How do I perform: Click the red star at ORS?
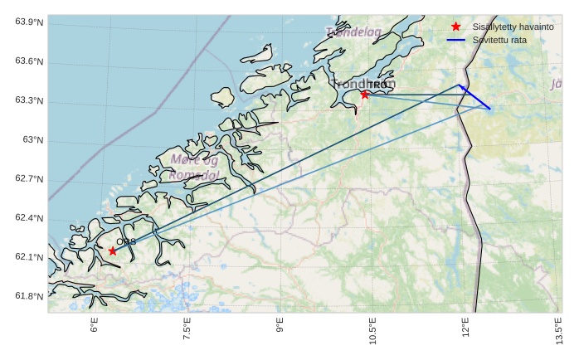[x=113, y=251]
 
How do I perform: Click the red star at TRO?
[x=365, y=95]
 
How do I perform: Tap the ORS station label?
[x=126, y=242]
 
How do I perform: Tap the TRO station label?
[x=377, y=85]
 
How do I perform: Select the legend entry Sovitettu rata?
[x=499, y=40]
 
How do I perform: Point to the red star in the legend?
[x=455, y=27]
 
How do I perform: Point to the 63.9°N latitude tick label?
[x=29, y=22]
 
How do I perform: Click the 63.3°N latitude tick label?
[x=29, y=101]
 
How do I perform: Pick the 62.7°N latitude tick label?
[x=29, y=179]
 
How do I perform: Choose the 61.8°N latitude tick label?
[x=29, y=297]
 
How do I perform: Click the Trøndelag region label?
[x=354, y=32]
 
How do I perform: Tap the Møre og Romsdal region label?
[x=194, y=167]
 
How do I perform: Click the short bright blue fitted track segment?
[x=474, y=97]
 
